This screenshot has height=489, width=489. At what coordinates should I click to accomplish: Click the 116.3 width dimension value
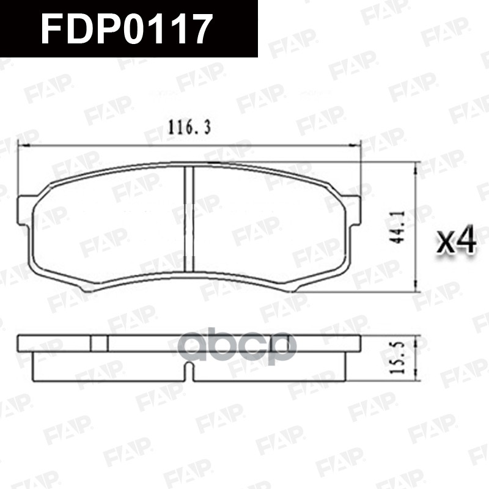point(189,128)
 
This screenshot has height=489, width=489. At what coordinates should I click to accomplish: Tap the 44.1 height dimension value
point(401,228)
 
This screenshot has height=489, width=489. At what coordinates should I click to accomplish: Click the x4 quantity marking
point(457,242)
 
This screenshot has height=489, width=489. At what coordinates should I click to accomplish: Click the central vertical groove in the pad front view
point(189,220)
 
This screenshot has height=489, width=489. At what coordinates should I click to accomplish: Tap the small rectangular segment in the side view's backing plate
point(98,343)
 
